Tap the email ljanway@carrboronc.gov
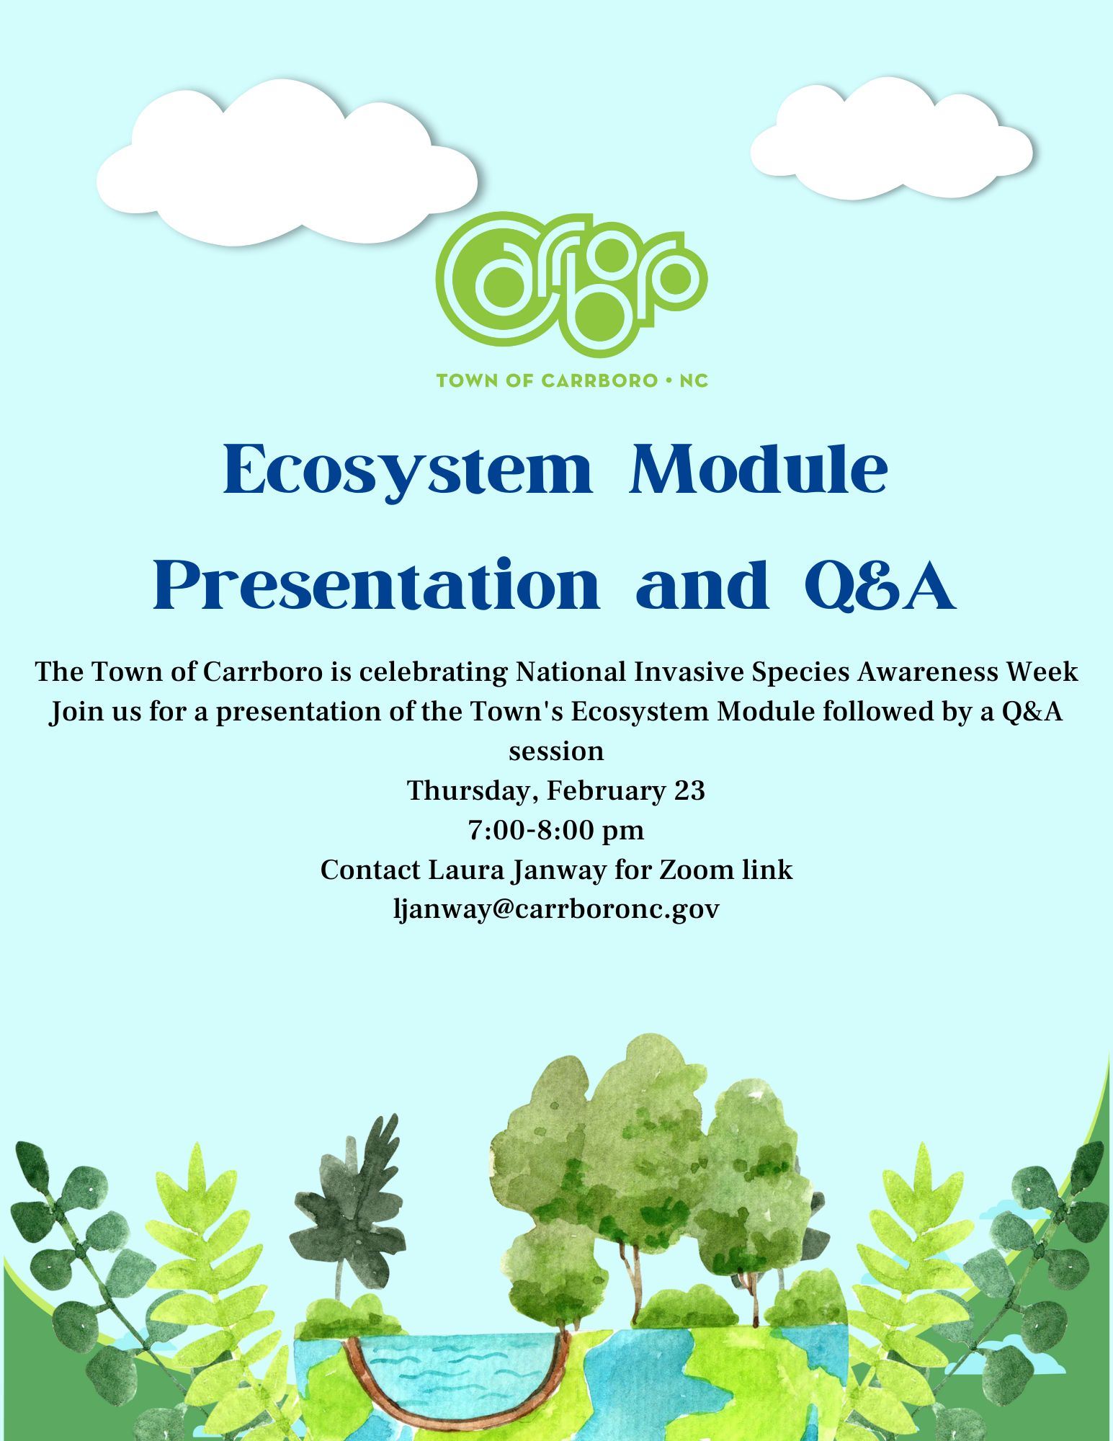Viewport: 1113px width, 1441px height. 556,909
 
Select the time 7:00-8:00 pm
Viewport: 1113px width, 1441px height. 556,830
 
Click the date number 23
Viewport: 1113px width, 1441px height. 689,790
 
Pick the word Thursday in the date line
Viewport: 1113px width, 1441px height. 470,791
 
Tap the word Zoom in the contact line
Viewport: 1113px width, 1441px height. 696,870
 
